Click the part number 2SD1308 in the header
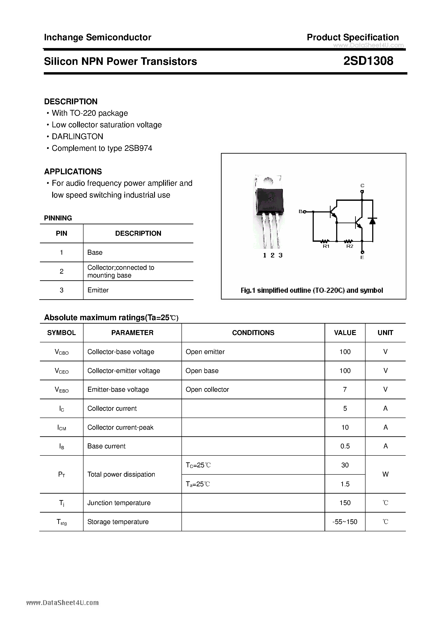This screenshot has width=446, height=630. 368,61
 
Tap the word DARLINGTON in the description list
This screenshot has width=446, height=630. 77,136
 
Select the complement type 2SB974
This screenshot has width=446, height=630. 138,148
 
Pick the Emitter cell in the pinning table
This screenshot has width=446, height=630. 98,290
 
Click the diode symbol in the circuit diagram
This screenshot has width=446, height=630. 373,221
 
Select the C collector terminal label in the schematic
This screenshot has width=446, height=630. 362,186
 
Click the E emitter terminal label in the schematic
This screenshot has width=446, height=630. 362,257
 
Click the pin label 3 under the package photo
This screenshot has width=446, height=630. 280,256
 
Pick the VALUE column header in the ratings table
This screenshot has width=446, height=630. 345,333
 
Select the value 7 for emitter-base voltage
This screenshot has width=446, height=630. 345,389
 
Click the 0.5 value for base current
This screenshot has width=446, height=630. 345,446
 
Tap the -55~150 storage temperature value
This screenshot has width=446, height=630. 345,522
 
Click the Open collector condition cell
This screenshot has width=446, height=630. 207,389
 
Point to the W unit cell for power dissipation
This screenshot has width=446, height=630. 385,474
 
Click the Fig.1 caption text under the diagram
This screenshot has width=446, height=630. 312,290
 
